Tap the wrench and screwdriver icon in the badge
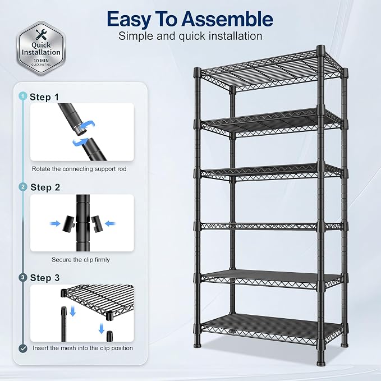(x=42, y=34)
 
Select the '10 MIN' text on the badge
(x=41, y=61)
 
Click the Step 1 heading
(x=44, y=97)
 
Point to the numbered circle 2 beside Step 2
(x=23, y=187)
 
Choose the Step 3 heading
(x=45, y=278)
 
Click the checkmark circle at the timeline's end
(x=23, y=348)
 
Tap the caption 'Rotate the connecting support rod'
(x=79, y=169)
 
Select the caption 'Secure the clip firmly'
(x=81, y=260)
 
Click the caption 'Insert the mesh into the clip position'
(x=82, y=348)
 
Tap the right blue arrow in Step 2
(x=111, y=223)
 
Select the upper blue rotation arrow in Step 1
(x=88, y=125)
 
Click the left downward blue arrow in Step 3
(x=72, y=311)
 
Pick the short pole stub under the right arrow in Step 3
(x=109, y=336)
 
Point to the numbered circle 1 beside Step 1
(x=22, y=96)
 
